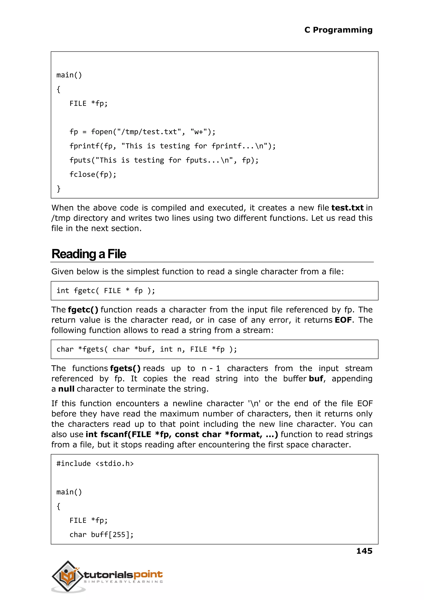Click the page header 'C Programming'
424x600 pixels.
pos(338,30)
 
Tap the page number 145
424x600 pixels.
pos(364,551)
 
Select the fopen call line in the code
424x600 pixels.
pos(142,132)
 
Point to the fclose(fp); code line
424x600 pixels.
pos(93,174)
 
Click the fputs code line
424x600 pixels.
pos(164,160)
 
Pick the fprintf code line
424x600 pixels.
pos(172,146)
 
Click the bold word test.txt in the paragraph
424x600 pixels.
pos(347,208)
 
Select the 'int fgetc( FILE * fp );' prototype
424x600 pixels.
pos(106,291)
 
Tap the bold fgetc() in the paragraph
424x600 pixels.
pos(83,310)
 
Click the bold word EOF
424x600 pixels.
pos(343,320)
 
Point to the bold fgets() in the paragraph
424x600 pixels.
pos(125,368)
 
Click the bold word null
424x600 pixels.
pos(66,389)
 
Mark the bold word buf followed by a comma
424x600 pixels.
pos(316,379)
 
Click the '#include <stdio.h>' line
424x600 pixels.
pos(95,464)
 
